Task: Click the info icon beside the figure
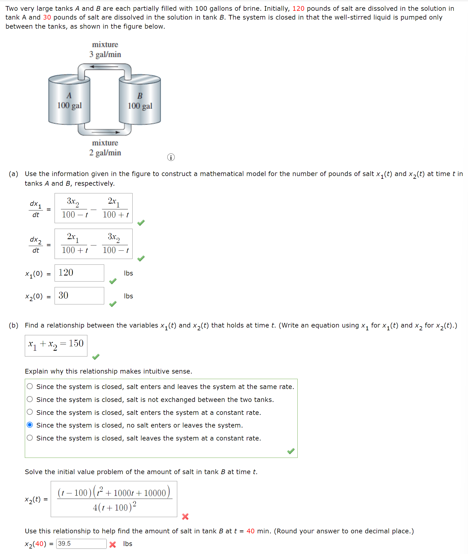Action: pyautogui.click(x=171, y=157)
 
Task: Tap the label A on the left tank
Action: pyautogui.click(x=69, y=96)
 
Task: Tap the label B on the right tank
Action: pyautogui.click(x=140, y=96)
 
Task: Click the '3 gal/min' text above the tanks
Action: pyautogui.click(x=105, y=54)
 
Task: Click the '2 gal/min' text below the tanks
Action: pyautogui.click(x=105, y=153)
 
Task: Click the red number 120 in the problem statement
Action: pyautogui.click(x=298, y=9)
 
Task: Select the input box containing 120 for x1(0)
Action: pyautogui.click(x=79, y=273)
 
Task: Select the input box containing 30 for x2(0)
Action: pyautogui.click(x=79, y=296)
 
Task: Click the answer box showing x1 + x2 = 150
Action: pyautogui.click(x=56, y=345)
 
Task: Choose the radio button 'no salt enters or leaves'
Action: pyautogui.click(x=30, y=425)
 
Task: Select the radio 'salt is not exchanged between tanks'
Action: pyautogui.click(x=30, y=399)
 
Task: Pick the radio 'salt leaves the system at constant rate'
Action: pyautogui.click(x=30, y=438)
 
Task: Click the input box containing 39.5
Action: pyautogui.click(x=81, y=544)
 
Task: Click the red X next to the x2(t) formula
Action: pyautogui.click(x=185, y=517)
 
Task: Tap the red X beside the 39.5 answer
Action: pyautogui.click(x=112, y=544)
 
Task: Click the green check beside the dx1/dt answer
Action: pyautogui.click(x=141, y=223)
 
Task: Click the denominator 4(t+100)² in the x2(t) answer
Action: pyautogui.click(x=114, y=507)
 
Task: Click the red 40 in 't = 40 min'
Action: pyautogui.click(x=250, y=531)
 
